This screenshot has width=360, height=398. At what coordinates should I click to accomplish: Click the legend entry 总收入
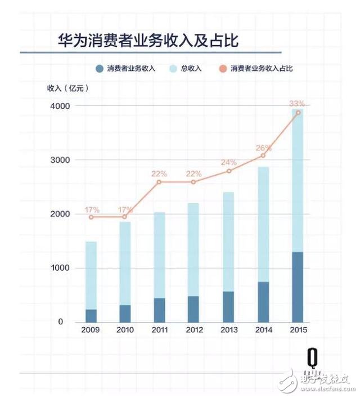coord(187,69)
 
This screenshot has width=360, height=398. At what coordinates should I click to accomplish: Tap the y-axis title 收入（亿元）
coord(68,87)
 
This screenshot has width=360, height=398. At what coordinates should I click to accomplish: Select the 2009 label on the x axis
coord(91,330)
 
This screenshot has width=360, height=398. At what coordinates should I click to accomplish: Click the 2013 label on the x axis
coord(228,330)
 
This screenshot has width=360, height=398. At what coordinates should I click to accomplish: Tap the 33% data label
coord(296,104)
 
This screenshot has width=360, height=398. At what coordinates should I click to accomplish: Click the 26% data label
coord(263,147)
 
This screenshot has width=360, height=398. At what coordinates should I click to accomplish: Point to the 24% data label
coord(228,162)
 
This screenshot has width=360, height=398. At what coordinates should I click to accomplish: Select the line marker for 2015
coord(298,113)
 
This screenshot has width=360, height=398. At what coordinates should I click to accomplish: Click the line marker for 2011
coord(160,182)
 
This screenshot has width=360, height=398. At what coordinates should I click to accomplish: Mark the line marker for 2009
coord(91,217)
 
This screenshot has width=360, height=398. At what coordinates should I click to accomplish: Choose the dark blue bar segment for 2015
coord(298,287)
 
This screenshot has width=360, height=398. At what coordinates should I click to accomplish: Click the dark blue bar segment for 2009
coord(91,315)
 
